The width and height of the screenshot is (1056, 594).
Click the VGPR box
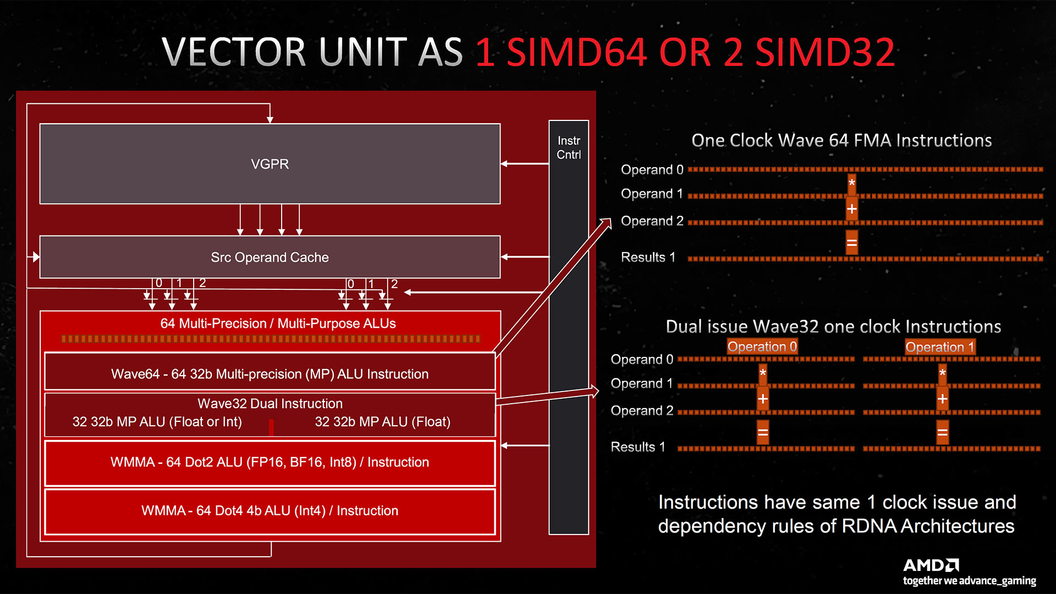(269, 164)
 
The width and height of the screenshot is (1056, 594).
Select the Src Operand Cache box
(269, 257)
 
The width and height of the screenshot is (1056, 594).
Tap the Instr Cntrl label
(569, 147)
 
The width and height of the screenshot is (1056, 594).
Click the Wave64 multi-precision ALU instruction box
(269, 373)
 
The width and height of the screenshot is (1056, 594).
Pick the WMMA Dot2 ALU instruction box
(269, 462)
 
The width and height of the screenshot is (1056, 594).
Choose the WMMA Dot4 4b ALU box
(269, 510)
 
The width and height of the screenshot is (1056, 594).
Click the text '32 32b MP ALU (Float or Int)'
(157, 422)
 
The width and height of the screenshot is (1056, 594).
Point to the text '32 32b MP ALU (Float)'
(382, 422)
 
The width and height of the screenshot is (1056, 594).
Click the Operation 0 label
(762, 346)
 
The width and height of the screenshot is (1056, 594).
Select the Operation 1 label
(940, 347)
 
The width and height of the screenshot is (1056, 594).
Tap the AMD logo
(931, 565)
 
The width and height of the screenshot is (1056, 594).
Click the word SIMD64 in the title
(576, 53)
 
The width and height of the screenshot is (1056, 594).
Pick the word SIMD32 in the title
(825, 53)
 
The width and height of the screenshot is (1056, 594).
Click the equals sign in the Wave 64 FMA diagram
(851, 243)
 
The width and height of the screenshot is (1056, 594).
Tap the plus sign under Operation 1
(942, 399)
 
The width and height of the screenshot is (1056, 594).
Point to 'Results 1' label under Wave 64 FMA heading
(648, 257)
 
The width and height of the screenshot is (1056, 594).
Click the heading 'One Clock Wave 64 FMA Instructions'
(842, 140)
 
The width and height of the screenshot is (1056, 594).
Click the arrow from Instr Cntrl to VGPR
(525, 164)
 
